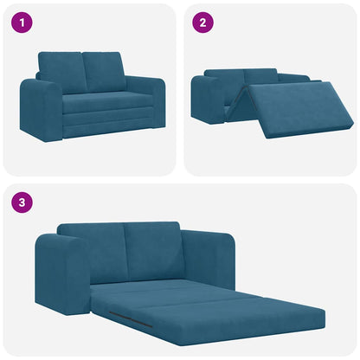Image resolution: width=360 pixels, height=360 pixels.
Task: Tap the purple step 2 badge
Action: (x=202, y=22)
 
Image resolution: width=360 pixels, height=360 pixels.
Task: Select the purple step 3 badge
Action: (x=22, y=203)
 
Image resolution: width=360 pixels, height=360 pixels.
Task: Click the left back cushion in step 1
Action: (x=61, y=72)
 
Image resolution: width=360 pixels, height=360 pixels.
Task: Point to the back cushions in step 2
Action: (x=260, y=78)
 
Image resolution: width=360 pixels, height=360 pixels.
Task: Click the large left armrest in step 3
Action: (x=61, y=275)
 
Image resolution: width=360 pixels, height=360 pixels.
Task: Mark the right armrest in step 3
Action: (x=208, y=258)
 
